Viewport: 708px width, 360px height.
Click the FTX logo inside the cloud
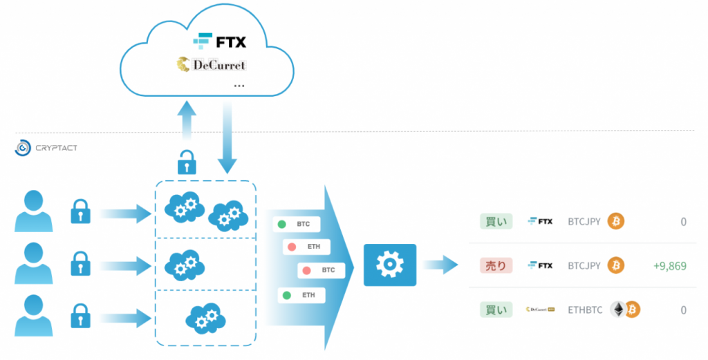coord(219,41)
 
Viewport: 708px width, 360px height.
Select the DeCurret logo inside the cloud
coord(211,65)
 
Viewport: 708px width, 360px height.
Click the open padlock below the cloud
coord(187,162)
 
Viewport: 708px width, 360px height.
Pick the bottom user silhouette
coord(34,314)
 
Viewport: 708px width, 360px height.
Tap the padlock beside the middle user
coord(80,264)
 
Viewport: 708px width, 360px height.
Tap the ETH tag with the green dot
coord(301,295)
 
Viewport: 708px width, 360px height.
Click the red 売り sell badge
coord(496,265)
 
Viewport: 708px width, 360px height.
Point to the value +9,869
coord(669,266)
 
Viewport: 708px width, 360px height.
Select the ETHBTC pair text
coord(585,310)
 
